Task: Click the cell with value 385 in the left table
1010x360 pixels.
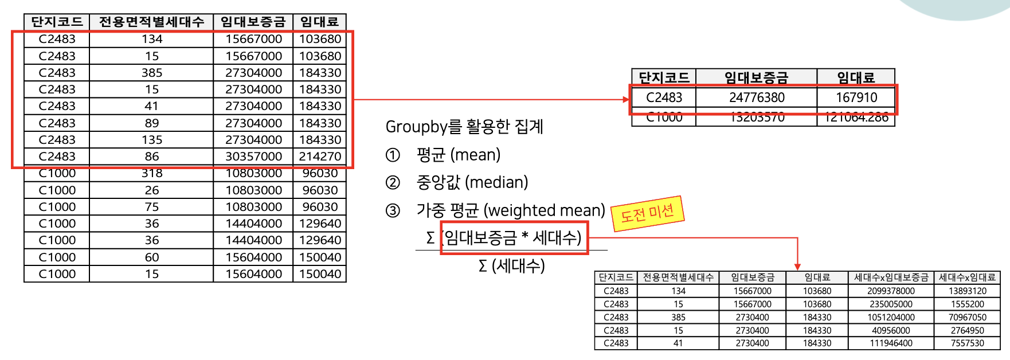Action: coord(152,73)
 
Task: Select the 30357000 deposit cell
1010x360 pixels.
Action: coord(253,156)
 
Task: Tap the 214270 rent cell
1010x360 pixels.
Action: coord(320,156)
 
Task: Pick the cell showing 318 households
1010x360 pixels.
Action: coord(152,173)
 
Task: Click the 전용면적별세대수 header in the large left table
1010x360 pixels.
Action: coord(151,22)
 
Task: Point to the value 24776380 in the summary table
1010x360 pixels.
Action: coord(757,97)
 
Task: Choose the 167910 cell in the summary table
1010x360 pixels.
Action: coord(856,97)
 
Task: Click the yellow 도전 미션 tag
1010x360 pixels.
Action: coord(648,214)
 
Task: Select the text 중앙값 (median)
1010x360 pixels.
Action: coord(472,182)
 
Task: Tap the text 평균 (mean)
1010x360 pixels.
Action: coord(458,155)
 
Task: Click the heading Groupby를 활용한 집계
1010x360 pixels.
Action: coord(464,127)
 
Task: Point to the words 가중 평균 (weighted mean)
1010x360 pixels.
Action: coord(510,210)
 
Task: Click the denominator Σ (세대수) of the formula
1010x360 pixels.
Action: coord(511,266)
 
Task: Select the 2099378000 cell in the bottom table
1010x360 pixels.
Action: coord(891,291)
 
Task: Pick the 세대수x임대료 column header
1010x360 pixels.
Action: coord(967,277)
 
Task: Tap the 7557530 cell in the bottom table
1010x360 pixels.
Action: coord(968,343)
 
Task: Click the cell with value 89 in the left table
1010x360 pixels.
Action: coord(152,123)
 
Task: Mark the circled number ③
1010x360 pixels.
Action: coord(393,211)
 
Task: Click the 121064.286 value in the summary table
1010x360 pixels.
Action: coord(856,118)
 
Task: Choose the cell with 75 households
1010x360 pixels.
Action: coord(152,207)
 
